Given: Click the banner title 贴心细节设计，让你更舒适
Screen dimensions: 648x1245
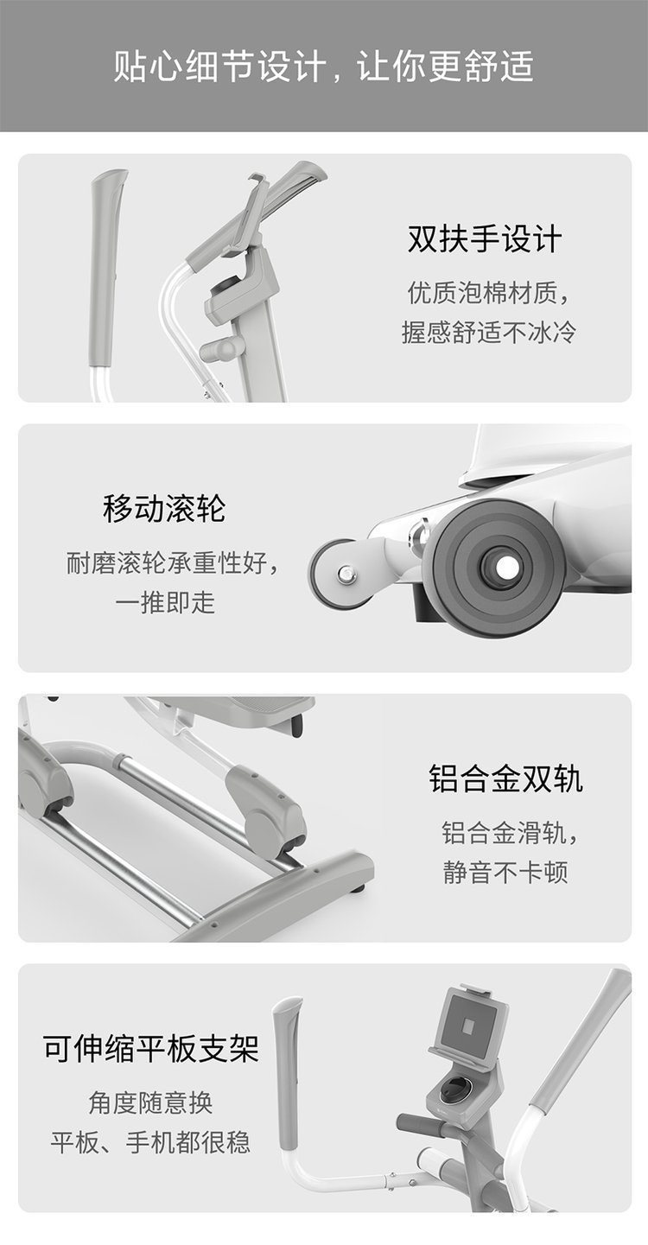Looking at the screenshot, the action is pos(323,67).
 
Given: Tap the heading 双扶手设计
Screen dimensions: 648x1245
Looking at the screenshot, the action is pos(485,239).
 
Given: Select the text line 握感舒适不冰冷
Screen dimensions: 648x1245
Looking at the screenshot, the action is pos(488,332).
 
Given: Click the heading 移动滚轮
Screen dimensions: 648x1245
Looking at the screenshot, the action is pos(164,508).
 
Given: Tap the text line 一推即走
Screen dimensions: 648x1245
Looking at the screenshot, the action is pos(165,602).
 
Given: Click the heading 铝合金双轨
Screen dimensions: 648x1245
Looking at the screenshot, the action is pos(505,778).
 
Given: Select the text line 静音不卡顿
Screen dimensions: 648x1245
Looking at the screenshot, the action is pos(505,872).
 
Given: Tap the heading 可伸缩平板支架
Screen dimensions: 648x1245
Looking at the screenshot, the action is pos(151,1049).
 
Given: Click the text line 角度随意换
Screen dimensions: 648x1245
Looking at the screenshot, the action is pos(150,1102).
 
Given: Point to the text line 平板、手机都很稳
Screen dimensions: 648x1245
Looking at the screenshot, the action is pos(150,1142).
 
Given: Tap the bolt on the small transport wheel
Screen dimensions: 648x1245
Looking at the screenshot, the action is pos(346,573).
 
